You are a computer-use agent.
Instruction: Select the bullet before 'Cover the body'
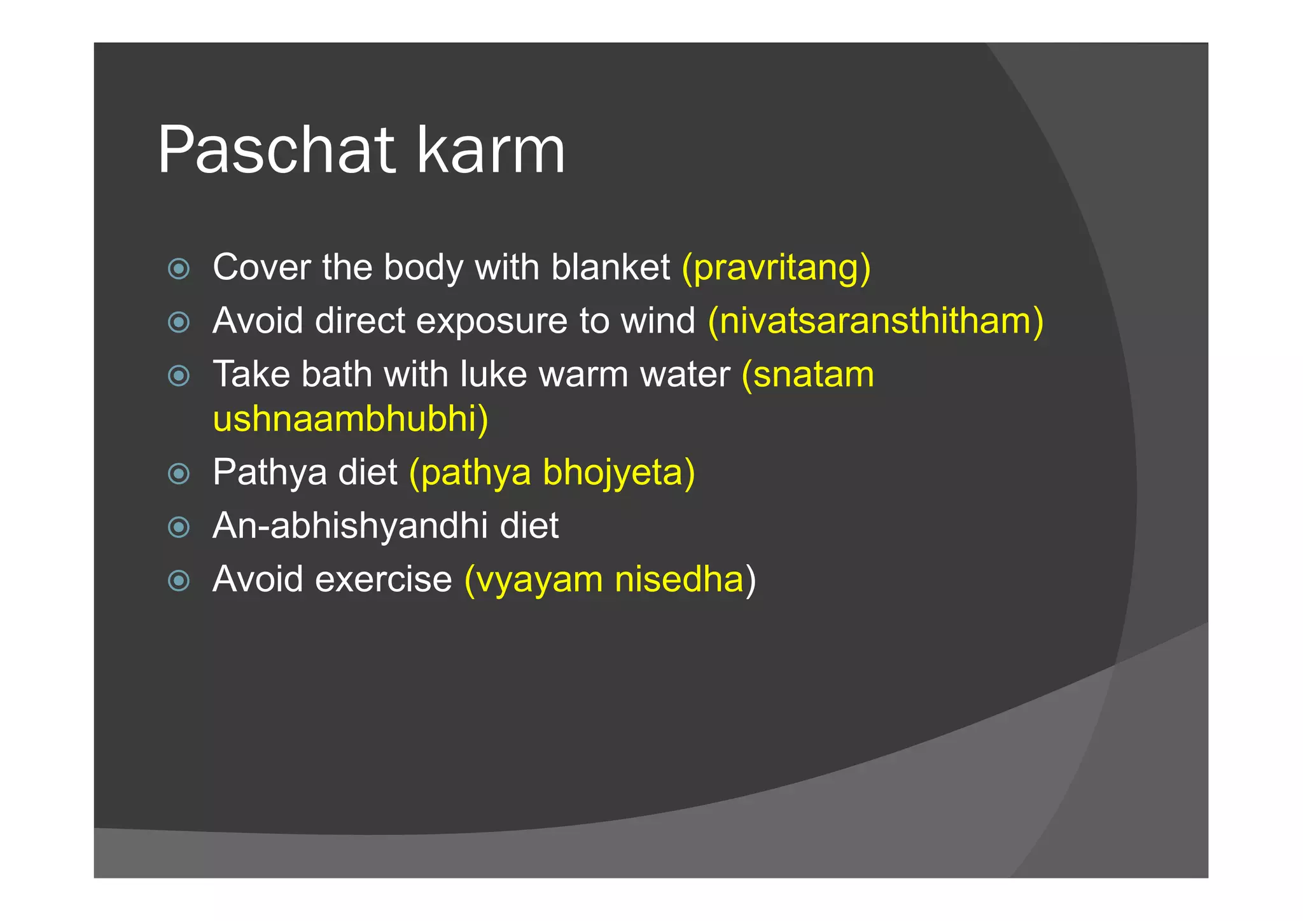[179, 268]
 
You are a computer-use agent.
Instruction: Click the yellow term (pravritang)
[776, 267]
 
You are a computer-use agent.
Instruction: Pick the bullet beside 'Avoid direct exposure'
[179, 322]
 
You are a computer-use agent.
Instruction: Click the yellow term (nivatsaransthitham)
[875, 321]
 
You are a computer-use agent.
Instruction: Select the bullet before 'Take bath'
[179, 375]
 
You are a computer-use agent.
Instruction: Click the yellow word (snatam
[808, 374]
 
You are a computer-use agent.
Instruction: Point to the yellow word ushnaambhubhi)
[351, 419]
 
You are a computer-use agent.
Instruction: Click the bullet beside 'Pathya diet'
[179, 474]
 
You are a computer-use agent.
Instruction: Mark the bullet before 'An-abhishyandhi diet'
[179, 527]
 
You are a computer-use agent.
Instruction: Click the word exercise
[384, 579]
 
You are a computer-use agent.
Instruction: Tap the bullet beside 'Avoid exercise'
[179, 581]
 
